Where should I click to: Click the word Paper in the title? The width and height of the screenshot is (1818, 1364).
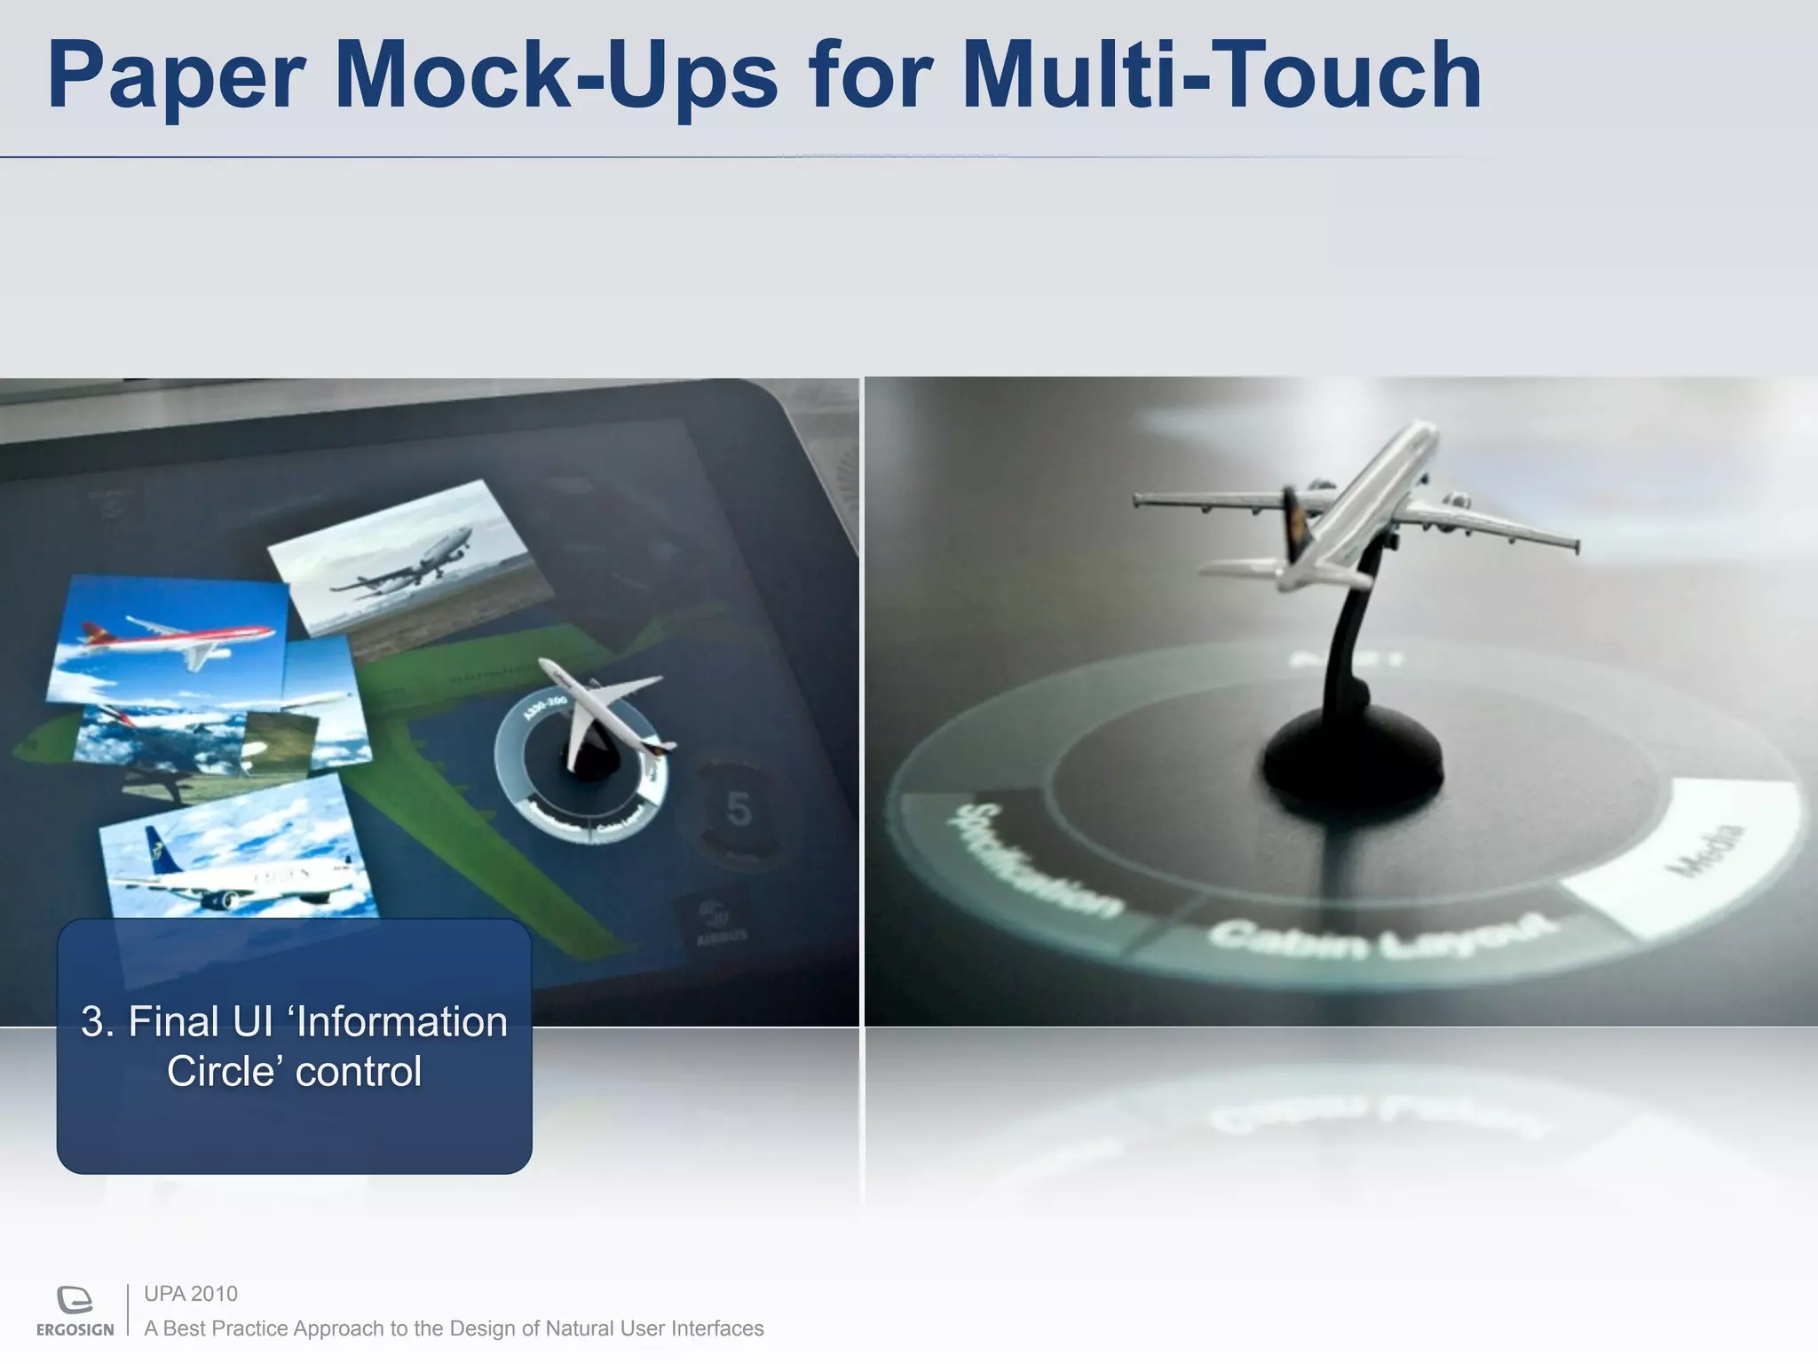point(178,78)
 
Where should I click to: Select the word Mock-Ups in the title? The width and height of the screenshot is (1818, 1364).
point(556,78)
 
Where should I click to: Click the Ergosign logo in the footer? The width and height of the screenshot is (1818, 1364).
point(75,1310)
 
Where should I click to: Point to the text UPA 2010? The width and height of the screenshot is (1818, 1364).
point(191,1294)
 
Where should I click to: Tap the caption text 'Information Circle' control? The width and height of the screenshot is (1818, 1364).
point(294,1046)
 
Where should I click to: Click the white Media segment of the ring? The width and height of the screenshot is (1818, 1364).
point(1687,852)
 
